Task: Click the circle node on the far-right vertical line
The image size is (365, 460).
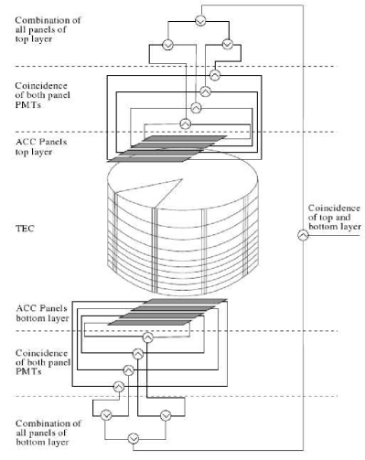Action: point(304,235)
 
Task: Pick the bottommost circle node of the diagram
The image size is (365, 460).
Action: point(135,435)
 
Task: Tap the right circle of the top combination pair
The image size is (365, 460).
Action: point(228,43)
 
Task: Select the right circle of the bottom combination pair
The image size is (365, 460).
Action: point(166,414)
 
